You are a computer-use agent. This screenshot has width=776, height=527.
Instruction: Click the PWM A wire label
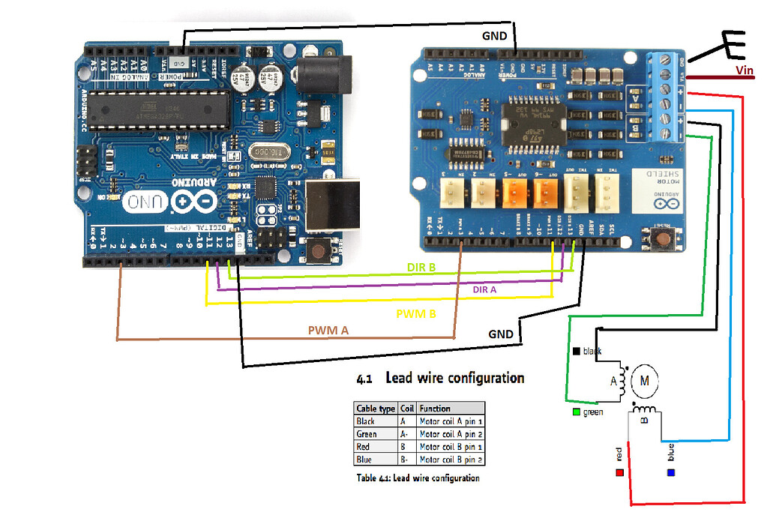point(328,330)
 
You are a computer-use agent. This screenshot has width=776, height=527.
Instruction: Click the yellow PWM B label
point(416,313)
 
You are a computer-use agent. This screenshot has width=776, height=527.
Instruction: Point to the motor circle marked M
point(643,381)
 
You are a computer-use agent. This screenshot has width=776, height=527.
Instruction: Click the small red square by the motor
point(619,473)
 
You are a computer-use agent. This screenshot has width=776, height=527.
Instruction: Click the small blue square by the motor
point(671,473)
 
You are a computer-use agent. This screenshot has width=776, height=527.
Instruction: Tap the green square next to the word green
point(574,412)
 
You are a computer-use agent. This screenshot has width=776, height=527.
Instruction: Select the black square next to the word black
point(575,351)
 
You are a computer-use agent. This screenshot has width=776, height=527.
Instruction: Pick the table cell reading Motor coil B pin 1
point(451,446)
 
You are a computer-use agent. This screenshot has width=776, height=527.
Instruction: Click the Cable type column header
point(375,409)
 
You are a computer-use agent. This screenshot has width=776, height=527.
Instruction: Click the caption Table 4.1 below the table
point(418,478)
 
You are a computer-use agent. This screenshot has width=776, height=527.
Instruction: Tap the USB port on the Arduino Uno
point(334,203)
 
